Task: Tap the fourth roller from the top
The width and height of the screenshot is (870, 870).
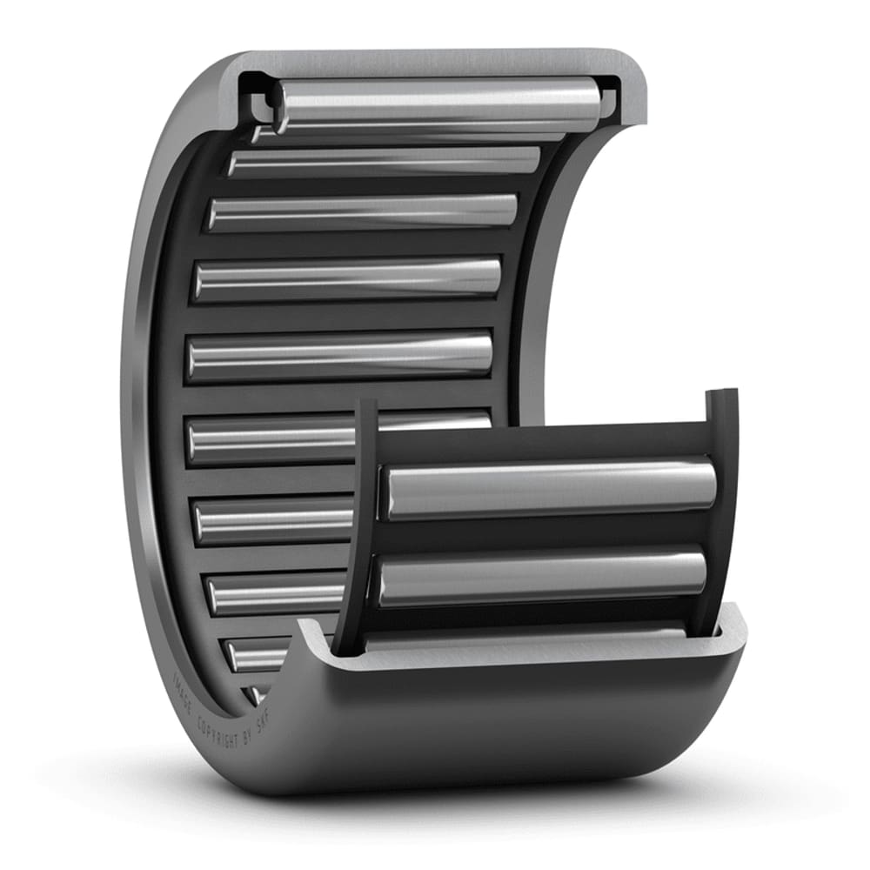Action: [348, 278]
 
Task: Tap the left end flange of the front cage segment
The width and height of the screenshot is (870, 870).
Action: [361, 522]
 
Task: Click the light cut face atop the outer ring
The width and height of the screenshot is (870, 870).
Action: [435, 64]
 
